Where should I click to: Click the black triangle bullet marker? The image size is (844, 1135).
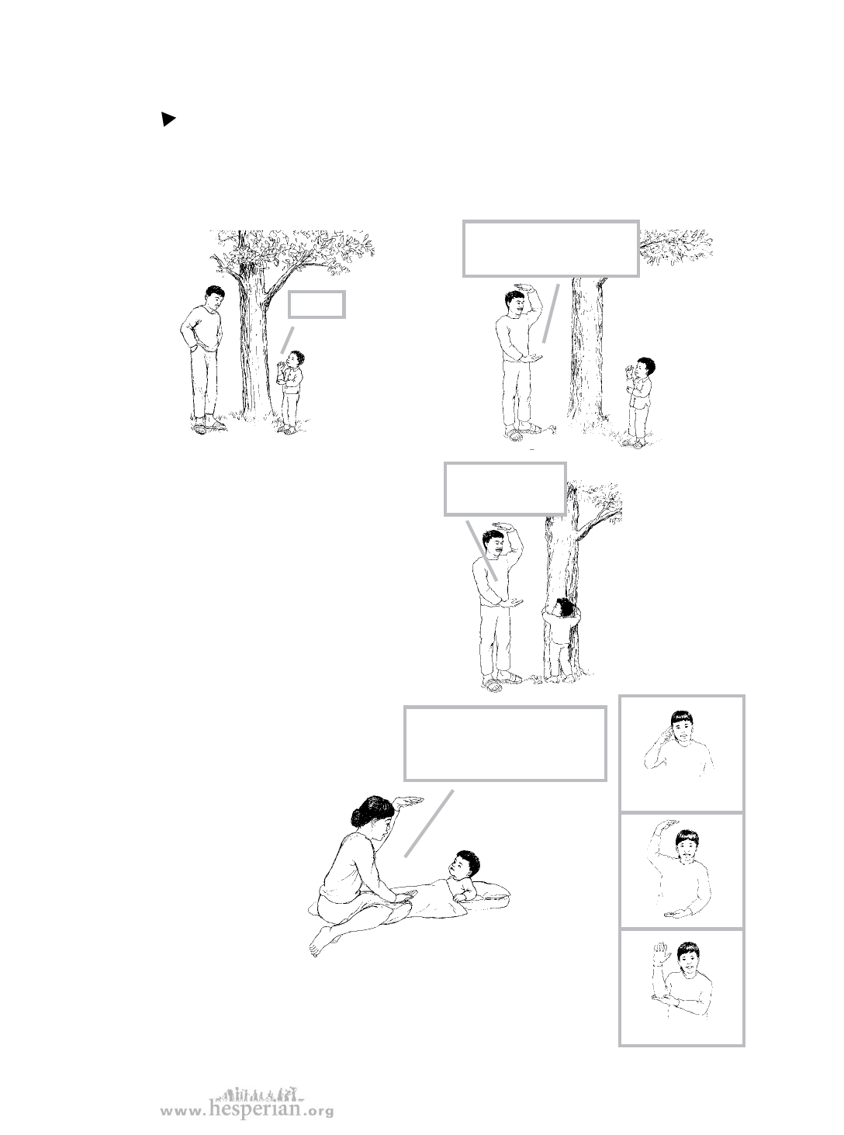coord(168,119)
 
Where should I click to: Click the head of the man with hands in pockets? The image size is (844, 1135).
coord(214,297)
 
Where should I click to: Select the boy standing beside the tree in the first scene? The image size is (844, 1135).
coord(291,392)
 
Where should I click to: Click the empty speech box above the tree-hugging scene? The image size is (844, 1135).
coord(505,489)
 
